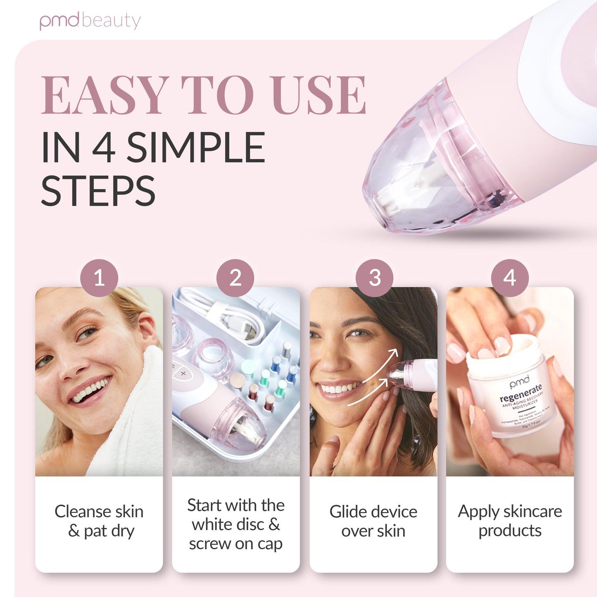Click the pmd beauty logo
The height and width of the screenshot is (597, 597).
tap(90, 21)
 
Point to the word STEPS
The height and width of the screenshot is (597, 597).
tap(98, 191)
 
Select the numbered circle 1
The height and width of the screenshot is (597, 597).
tap(99, 278)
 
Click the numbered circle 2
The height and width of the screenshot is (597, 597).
tap(235, 278)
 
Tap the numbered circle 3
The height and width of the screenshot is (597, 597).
tap(374, 278)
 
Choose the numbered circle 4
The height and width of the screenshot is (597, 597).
tap(510, 278)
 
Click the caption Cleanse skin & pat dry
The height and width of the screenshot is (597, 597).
tap(99, 521)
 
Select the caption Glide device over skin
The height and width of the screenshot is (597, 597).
tap(373, 521)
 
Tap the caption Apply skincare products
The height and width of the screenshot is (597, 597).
tap(510, 521)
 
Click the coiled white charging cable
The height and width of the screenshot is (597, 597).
tap(231, 314)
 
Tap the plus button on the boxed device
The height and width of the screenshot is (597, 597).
tap(183, 373)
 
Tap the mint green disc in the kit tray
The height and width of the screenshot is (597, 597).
tap(248, 365)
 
